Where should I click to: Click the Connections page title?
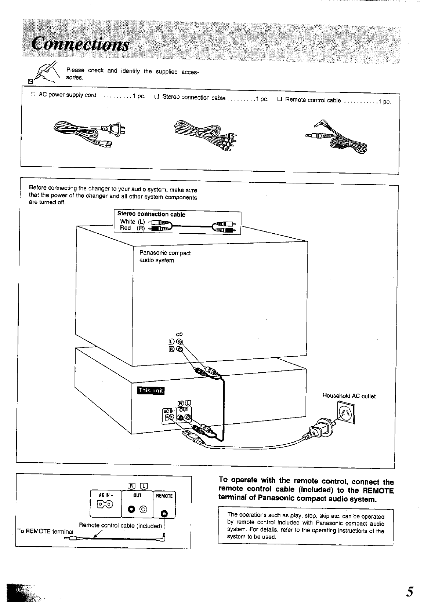pyautogui.click(x=80, y=44)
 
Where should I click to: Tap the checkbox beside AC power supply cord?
pyautogui.click(x=33, y=94)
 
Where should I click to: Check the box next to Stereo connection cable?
pyautogui.click(x=156, y=97)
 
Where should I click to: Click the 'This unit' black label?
pyautogui.click(x=151, y=390)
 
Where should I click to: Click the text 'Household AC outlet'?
pyautogui.click(x=349, y=396)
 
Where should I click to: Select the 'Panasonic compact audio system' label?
pyautogui.click(x=165, y=257)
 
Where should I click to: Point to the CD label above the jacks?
pyautogui.click(x=180, y=334)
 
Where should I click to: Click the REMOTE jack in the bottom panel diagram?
pyautogui.click(x=164, y=513)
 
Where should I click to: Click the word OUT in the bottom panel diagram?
pyautogui.click(x=138, y=495)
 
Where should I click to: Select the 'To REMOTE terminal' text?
pyautogui.click(x=46, y=531)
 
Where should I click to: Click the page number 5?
pyautogui.click(x=410, y=592)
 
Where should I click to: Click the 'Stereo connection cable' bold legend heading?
pyautogui.click(x=151, y=215)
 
